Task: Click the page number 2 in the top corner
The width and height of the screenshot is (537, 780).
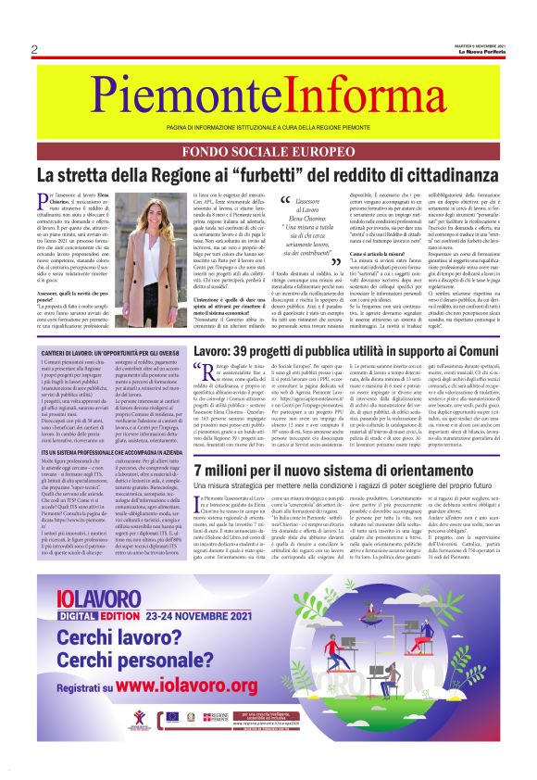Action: pyautogui.click(x=34, y=49)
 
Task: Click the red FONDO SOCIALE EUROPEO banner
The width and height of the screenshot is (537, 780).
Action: pyautogui.click(x=268, y=155)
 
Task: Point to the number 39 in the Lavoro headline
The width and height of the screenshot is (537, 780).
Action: pyautogui.click(x=245, y=351)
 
